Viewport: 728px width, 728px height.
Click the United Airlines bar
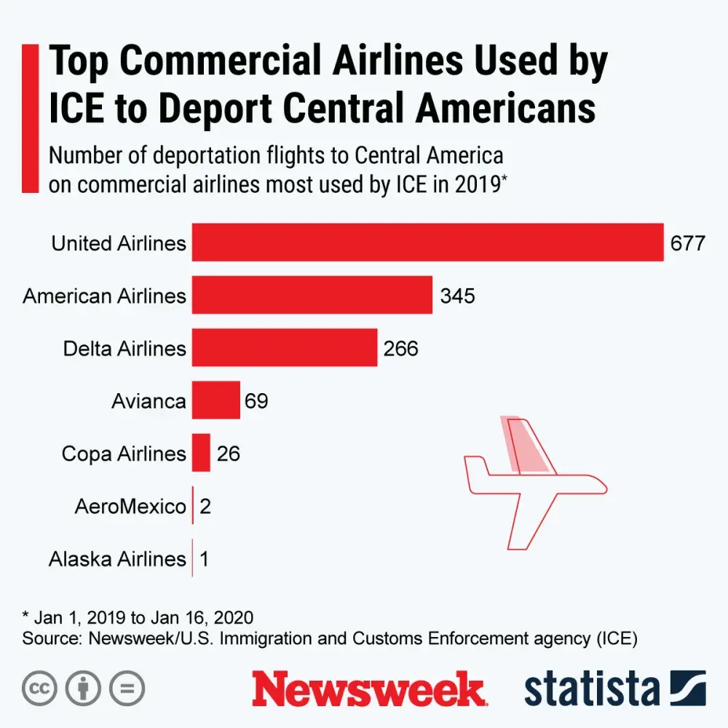(428, 242)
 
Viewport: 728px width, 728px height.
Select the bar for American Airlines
(312, 295)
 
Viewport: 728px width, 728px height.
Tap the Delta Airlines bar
(285, 347)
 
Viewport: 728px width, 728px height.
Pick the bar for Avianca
(216, 400)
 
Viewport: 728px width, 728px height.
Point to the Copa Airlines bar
(202, 453)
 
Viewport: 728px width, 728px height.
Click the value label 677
(688, 243)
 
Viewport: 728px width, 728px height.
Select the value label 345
(457, 296)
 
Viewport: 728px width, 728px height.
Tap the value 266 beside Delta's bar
(401, 348)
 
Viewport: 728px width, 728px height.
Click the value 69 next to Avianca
(256, 400)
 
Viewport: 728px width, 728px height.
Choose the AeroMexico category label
(130, 506)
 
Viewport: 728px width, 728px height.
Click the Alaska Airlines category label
(117, 559)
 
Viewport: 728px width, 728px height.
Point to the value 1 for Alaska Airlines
(205, 559)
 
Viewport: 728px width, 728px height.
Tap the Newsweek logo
(368, 689)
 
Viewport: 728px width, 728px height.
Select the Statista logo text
(591, 689)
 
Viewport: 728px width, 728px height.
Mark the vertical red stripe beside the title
(30, 118)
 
